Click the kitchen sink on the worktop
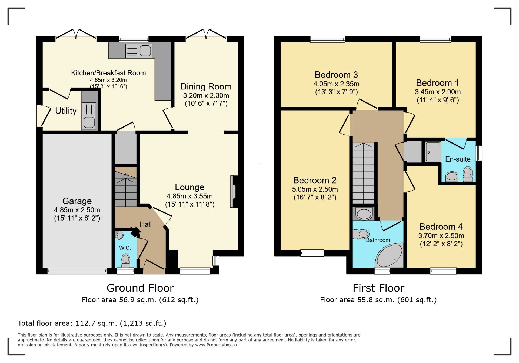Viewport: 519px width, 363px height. pyautogui.click(x=139, y=51)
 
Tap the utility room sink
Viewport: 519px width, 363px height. pyautogui.click(x=89, y=116)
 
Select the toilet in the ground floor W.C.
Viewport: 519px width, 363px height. pyautogui.click(x=126, y=260)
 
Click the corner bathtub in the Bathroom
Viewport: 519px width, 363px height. pyautogui.click(x=389, y=255)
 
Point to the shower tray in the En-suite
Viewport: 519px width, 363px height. pyautogui.click(x=433, y=152)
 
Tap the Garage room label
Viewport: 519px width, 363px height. pyautogui.click(x=77, y=201)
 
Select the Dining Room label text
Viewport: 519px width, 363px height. pyautogui.click(x=206, y=86)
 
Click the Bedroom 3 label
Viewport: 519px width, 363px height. pyautogui.click(x=336, y=75)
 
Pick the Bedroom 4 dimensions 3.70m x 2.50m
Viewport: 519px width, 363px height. pyautogui.click(x=441, y=235)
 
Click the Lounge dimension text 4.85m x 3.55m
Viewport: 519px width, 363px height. pyautogui.click(x=190, y=196)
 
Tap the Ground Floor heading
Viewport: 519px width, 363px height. pyautogui.click(x=140, y=288)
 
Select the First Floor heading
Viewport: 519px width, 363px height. pyautogui.click(x=378, y=288)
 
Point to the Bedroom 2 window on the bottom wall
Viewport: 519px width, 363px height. pyautogui.click(x=312, y=253)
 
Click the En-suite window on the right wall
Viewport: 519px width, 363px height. pyautogui.click(x=479, y=153)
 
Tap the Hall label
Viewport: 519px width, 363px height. pyautogui.click(x=146, y=224)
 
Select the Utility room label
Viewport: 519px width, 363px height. pyautogui.click(x=66, y=111)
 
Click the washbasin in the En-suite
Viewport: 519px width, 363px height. pyautogui.click(x=452, y=177)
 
